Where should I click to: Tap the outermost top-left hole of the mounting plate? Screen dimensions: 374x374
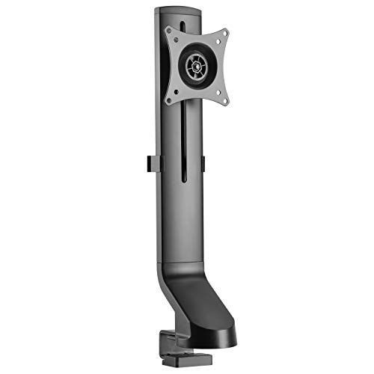tap(170, 31)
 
